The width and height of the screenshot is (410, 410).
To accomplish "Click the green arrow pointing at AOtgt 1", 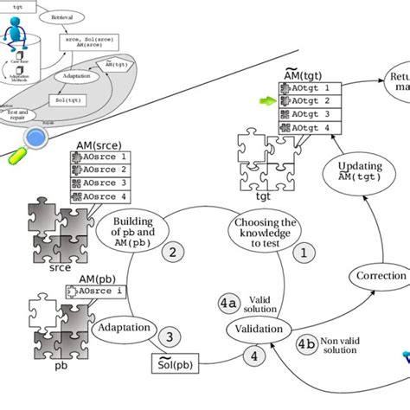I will tap(270, 101).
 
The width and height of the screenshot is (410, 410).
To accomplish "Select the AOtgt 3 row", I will tap(306, 114).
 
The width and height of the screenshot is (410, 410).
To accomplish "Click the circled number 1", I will tap(303, 252).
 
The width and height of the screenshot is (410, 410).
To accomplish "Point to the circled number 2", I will tap(173, 252).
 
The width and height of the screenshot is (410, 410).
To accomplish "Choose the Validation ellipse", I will tap(256, 330).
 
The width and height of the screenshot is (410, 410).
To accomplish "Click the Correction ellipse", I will tap(381, 277).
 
